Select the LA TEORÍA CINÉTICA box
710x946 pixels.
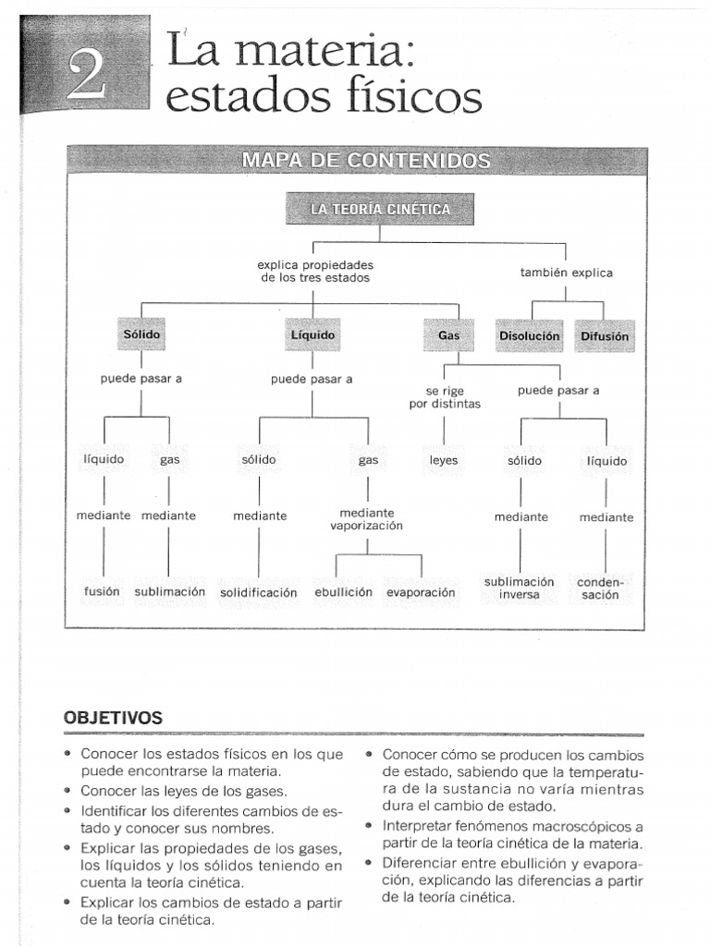380,210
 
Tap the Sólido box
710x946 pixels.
141,335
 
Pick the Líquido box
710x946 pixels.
313,335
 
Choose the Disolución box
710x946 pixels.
529,336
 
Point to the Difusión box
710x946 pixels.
605,336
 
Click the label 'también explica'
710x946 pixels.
567,273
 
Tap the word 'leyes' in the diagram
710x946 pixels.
444,460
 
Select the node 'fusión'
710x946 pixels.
103,591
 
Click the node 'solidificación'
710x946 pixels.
259,592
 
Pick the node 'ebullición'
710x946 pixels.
343,591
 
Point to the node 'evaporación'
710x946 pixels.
421,591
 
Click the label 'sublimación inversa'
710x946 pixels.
519,588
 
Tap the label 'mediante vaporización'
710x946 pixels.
367,519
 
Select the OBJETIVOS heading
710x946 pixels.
113,718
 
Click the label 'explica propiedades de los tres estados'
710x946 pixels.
315,271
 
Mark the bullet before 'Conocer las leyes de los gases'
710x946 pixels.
69,792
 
